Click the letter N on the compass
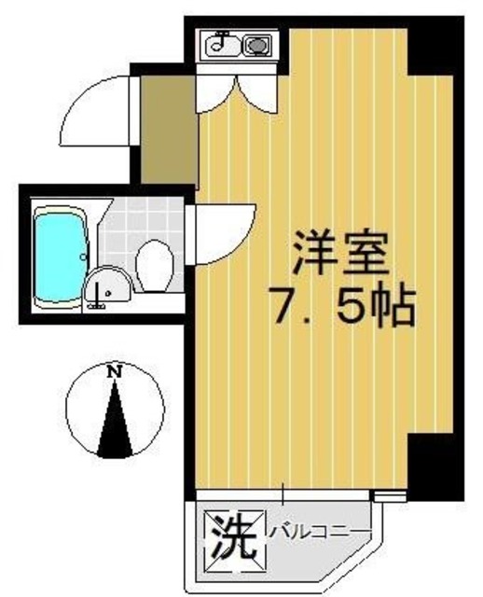(x=115, y=372)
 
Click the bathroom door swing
(x=224, y=233)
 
